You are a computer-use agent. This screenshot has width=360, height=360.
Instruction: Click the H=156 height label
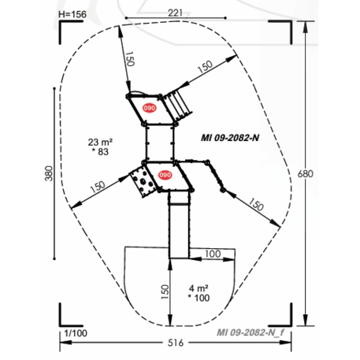(72, 14)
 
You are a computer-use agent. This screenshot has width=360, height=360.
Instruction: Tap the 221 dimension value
(175, 13)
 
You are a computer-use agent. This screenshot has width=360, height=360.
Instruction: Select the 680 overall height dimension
(306, 174)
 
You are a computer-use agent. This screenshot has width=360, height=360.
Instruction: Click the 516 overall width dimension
(176, 343)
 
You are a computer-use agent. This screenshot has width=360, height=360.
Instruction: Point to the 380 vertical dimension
(49, 173)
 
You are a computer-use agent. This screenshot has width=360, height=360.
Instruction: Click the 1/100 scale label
(76, 333)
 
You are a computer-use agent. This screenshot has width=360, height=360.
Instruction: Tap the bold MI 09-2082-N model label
(230, 138)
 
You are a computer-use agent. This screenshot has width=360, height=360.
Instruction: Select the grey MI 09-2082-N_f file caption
(251, 332)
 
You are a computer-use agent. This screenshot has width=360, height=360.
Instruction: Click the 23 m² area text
(100, 142)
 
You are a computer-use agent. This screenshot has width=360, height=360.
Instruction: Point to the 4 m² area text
(199, 288)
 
